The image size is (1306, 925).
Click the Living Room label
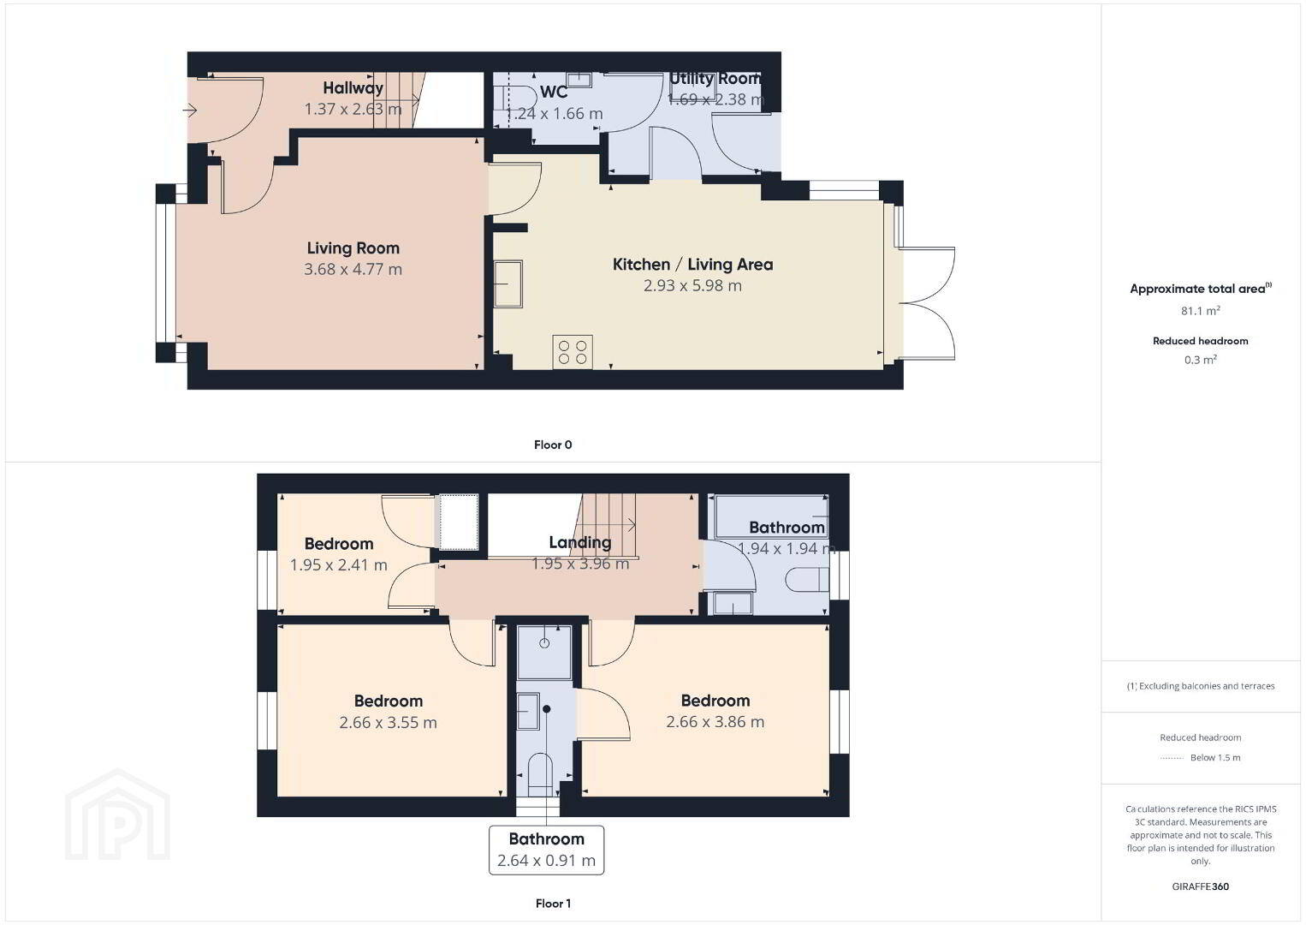(353, 248)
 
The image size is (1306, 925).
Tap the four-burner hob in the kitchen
(573, 352)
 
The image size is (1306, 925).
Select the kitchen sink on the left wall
(508, 284)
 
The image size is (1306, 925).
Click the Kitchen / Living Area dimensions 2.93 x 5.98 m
(692, 285)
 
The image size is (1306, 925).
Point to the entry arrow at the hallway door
(190, 110)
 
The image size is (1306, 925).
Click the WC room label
(554, 92)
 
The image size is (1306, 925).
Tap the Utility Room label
(715, 78)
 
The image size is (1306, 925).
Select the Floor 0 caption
(553, 445)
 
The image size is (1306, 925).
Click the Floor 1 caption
(553, 904)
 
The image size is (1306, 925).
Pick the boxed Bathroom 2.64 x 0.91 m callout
(546, 850)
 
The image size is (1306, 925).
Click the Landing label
(580, 542)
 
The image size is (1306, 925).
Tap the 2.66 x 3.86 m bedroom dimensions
(715, 722)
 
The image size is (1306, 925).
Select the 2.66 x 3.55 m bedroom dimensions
(388, 723)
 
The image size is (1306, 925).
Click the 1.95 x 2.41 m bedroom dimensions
(339, 565)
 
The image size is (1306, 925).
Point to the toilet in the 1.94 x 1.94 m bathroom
(807, 580)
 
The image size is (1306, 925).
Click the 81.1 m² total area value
(1201, 310)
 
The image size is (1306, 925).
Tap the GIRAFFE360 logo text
(1201, 886)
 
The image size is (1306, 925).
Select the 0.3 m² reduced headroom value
(1201, 360)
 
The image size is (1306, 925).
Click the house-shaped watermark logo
(117, 815)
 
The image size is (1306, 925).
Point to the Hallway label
(353, 88)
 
